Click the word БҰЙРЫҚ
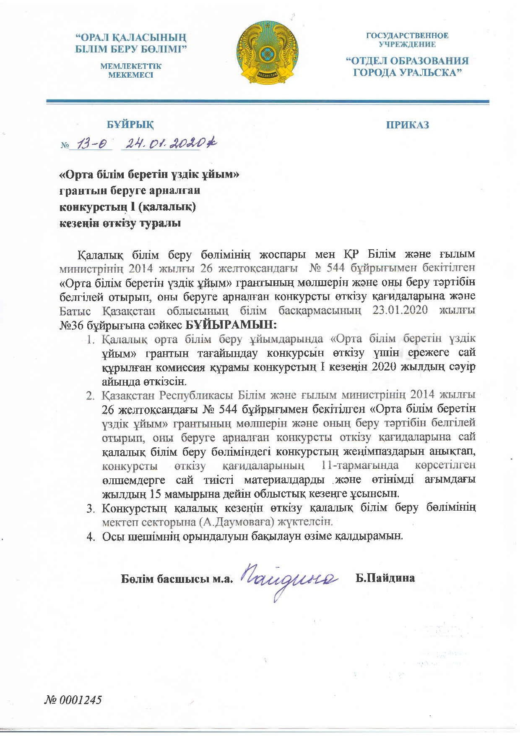[130, 125]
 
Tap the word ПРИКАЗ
[407, 125]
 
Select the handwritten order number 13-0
[91, 144]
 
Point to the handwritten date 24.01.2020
[168, 144]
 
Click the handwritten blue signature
[289, 580]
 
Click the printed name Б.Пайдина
[385, 578]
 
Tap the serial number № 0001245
[73, 699]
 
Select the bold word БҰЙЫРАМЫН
[231, 325]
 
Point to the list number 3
[90, 509]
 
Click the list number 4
[90, 537]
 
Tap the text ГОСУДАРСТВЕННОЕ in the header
[407, 36]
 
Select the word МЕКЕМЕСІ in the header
[130, 76]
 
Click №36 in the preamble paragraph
[69, 325]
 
